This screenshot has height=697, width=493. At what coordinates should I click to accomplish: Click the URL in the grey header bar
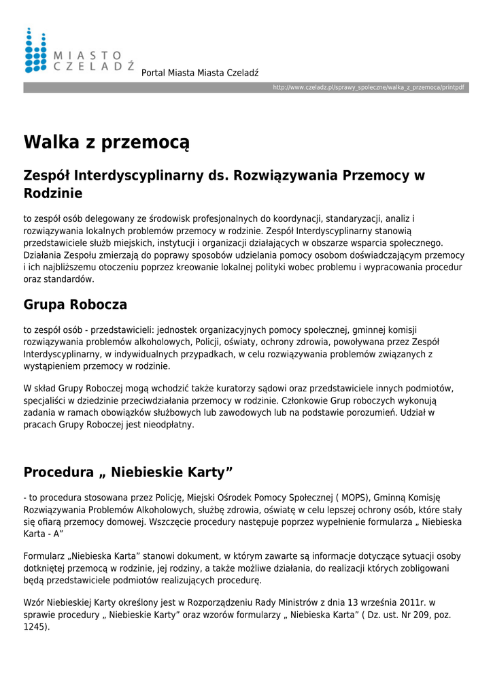tap(369, 88)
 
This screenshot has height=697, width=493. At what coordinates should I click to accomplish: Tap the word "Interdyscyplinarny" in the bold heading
tap(139, 175)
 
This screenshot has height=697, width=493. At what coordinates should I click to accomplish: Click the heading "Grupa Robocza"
tap(75, 304)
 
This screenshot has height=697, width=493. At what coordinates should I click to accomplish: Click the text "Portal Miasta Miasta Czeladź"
tap(200, 73)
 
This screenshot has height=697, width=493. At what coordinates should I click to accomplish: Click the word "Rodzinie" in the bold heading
tap(53, 193)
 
